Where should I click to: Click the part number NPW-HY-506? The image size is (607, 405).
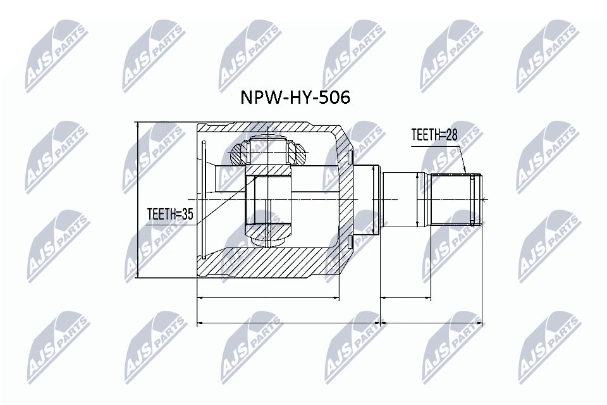(x=294, y=98)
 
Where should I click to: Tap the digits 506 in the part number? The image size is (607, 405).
(x=334, y=98)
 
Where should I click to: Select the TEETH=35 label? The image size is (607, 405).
(x=169, y=215)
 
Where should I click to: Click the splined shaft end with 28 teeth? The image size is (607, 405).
(x=453, y=199)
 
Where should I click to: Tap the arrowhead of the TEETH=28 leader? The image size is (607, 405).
(x=467, y=172)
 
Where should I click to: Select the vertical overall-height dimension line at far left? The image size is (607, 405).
(x=138, y=200)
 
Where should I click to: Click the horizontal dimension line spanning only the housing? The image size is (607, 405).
(x=269, y=297)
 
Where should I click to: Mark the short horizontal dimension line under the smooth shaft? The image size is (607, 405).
(x=405, y=297)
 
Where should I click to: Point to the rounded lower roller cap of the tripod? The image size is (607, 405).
(x=270, y=239)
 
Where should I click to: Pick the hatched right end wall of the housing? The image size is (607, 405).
(x=345, y=199)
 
